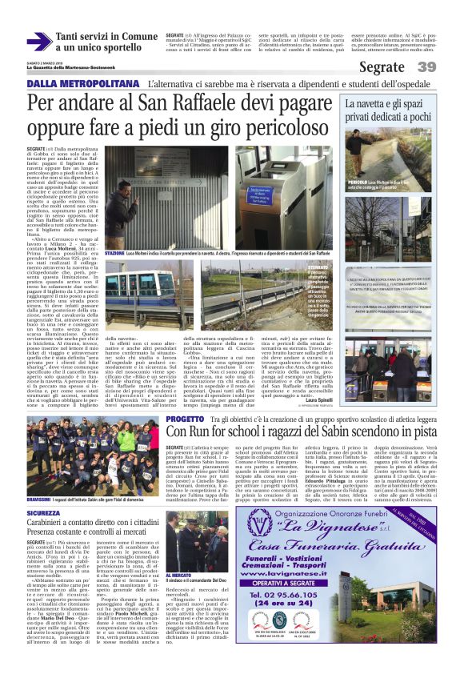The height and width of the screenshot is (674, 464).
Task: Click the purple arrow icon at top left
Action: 38,42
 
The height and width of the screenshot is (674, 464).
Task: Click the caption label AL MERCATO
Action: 178,575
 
